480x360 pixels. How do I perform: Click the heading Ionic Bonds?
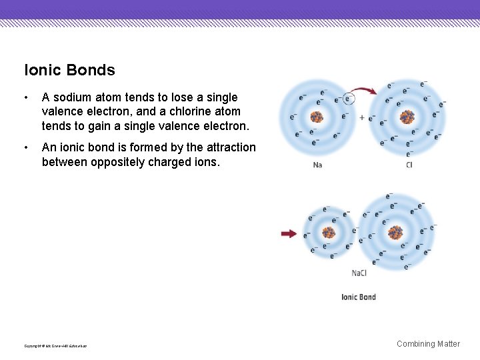pos(69,70)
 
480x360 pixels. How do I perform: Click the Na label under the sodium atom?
pos(317,165)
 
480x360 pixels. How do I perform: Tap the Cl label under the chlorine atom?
pos(409,165)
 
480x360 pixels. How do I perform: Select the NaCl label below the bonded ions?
pos(359,273)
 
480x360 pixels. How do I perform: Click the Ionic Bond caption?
pos(359,297)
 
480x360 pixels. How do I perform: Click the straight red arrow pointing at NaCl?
pos(289,233)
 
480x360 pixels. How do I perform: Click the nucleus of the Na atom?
pos(317,117)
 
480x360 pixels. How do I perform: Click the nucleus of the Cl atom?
pos(407,117)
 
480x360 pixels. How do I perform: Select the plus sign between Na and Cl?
pos(362,117)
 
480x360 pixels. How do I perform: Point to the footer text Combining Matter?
pos(428,344)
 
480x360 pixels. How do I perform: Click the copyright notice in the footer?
pos(55,345)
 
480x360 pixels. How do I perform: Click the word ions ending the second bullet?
pos(206,162)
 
